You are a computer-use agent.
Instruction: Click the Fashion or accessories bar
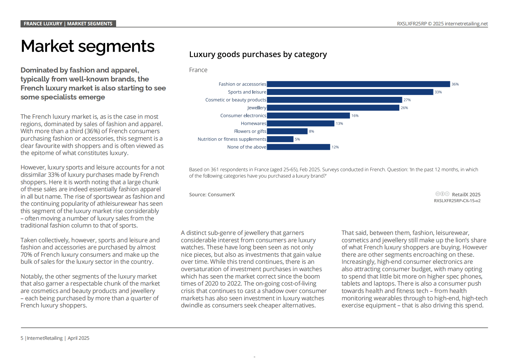[358, 84]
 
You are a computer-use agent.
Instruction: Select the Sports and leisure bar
[350, 92]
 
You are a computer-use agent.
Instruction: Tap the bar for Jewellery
[333, 108]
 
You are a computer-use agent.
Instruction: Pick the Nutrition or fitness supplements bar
[280, 139]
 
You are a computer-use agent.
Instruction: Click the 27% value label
[407, 100]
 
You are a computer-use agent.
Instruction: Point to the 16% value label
[355, 116]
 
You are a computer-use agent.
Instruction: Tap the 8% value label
[311, 131]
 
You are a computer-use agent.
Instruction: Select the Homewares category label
[254, 124]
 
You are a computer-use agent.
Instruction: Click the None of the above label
[247, 147]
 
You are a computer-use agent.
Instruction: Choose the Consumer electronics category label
[243, 116]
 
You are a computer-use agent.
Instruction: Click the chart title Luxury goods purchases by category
[258, 55]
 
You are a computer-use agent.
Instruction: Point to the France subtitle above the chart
[198, 70]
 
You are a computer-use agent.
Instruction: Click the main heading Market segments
[88, 46]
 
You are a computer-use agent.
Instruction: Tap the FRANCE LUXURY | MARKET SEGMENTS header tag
[68, 24]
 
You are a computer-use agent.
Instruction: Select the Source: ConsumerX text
[212, 194]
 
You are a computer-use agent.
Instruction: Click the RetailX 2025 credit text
[466, 194]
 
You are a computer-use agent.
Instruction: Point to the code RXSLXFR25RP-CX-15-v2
[457, 201]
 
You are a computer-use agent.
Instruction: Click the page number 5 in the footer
[22, 338]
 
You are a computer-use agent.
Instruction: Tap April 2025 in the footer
[78, 338]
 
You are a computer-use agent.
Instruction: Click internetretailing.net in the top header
[466, 24]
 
